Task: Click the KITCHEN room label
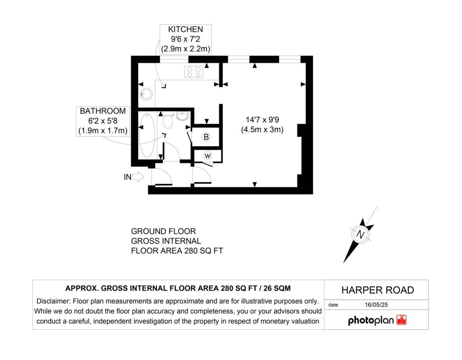[185, 29]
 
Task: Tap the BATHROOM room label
[103, 111]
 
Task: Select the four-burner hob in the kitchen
[194, 72]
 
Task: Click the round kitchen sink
[146, 94]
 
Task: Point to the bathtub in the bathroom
[147, 135]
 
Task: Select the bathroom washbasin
[183, 115]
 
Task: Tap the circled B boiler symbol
[206, 137]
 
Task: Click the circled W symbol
[208, 156]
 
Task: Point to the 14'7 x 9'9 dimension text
[262, 120]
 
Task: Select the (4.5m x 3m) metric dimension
[262, 129]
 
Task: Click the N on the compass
[360, 235]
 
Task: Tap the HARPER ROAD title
[378, 290]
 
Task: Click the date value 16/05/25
[376, 305]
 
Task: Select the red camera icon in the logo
[402, 320]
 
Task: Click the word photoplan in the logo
[371, 320]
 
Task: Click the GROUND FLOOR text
[163, 231]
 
